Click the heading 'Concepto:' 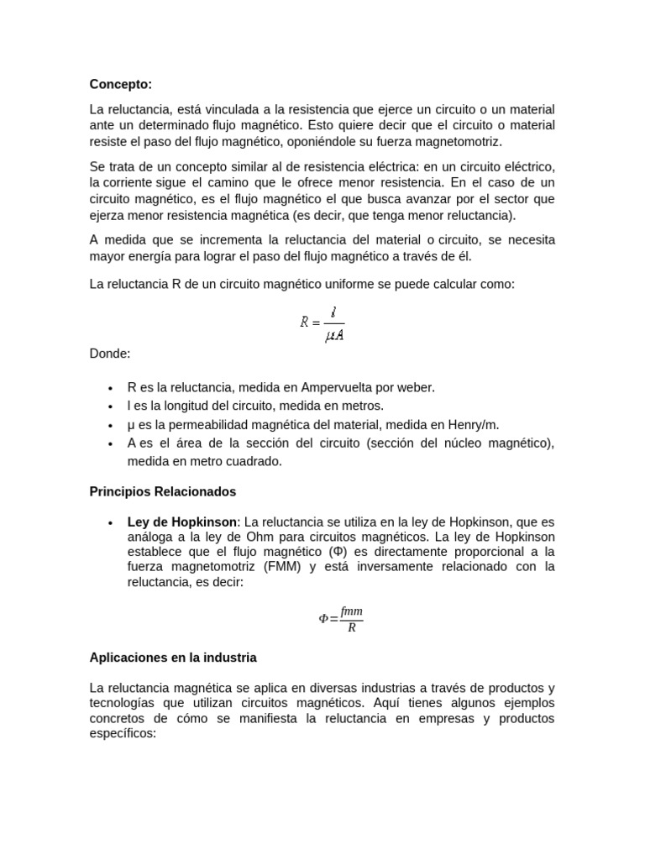tap(121, 84)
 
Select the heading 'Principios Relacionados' tap(163, 491)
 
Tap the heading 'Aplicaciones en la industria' tap(173, 658)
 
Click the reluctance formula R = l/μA tap(322, 322)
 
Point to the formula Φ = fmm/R tap(341, 618)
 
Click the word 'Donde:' tap(110, 354)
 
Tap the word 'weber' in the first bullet tap(415, 387)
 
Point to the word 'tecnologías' tap(124, 703)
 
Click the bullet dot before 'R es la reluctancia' tap(110, 388)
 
